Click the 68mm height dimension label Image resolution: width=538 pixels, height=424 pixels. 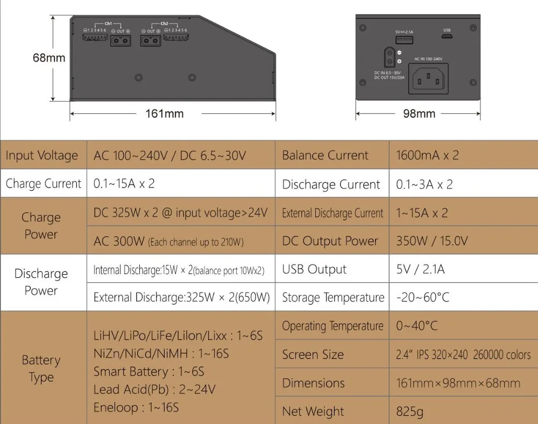pyautogui.click(x=49, y=58)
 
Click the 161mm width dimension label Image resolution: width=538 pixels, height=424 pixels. pyautogui.click(x=165, y=113)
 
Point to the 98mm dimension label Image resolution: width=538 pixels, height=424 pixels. pyautogui.click(x=419, y=113)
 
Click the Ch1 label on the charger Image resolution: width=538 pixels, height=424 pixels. pyautogui.click(x=108, y=24)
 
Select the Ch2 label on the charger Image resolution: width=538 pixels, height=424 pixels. pyautogui.click(x=164, y=24)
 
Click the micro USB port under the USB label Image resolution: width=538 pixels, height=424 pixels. pyautogui.click(x=447, y=38)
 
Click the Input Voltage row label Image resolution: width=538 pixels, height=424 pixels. pyautogui.click(x=42, y=156)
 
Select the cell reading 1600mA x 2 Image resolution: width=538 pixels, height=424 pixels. pyautogui.click(x=427, y=156)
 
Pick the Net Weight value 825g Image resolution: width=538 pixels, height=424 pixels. pyautogui.click(x=409, y=412)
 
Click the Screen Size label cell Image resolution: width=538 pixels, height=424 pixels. pyautogui.click(x=313, y=355)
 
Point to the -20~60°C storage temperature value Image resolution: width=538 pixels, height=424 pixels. pyautogui.click(x=422, y=298)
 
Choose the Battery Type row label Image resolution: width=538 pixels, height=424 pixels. pyautogui.click(x=41, y=369)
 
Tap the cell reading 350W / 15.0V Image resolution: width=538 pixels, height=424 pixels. pyautogui.click(x=431, y=241)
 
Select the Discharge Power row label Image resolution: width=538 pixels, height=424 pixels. pyautogui.click(x=41, y=282)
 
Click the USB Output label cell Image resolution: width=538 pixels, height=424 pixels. pyautogui.click(x=314, y=270)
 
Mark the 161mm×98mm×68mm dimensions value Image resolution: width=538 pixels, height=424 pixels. pyautogui.click(x=458, y=383)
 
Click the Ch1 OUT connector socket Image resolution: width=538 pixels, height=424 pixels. pyautogui.click(x=121, y=41)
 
